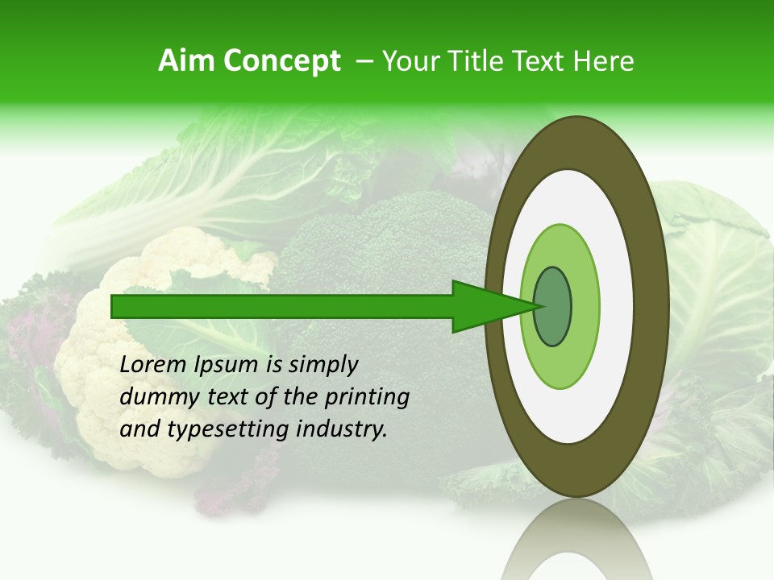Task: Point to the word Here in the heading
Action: pos(604,61)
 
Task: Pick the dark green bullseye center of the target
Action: pos(553,307)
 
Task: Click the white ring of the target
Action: pos(617,307)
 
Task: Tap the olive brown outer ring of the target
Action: pos(651,307)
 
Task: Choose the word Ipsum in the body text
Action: pos(228,366)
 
